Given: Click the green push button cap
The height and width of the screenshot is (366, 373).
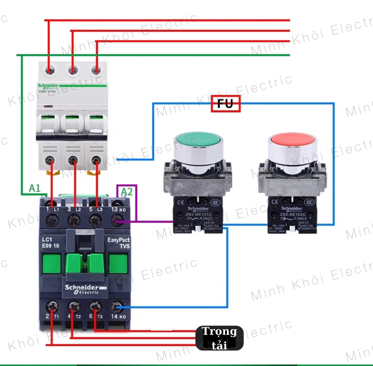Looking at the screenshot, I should (199, 139).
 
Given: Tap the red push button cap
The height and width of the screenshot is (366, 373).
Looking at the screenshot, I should (292, 139).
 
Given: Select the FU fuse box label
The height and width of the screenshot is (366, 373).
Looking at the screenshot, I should (226, 104).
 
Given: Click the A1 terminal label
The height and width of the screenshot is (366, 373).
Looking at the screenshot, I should (35, 188).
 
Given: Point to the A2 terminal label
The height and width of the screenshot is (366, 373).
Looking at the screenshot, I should (126, 192).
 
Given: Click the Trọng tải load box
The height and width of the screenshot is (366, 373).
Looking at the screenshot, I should (219, 338).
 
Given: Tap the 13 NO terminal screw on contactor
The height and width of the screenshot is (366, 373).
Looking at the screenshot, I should (117, 221).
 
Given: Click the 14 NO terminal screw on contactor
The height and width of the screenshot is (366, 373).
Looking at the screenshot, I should (117, 307).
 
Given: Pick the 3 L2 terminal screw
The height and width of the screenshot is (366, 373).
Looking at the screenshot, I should (74, 220).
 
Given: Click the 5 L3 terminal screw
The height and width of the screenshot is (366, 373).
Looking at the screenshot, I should (96, 220).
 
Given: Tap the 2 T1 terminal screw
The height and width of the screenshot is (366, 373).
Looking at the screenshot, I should (52, 307).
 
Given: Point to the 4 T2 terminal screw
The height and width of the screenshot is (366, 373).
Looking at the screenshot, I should (74, 307).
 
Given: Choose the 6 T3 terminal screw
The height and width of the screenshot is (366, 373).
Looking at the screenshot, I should (96, 307).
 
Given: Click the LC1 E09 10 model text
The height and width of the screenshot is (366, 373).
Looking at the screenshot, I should (50, 243).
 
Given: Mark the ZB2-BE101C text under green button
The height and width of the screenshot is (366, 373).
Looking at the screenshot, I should (198, 214).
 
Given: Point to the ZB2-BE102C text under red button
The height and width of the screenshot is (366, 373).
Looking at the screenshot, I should (292, 214).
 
